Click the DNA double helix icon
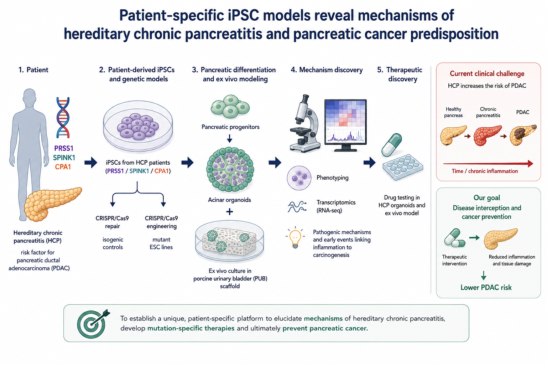click(63, 118)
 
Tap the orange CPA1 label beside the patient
click(63, 167)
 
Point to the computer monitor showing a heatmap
click(345, 125)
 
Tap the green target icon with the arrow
click(93, 324)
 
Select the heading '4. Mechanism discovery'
click(327, 70)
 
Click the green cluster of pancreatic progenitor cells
click(230, 107)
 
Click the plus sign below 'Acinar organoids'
click(229, 212)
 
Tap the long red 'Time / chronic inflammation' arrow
click(488, 164)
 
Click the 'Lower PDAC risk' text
click(486, 288)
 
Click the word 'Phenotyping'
click(332, 178)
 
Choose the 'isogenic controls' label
click(113, 243)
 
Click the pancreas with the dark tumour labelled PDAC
click(523, 135)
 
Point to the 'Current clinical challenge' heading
click(487, 73)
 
